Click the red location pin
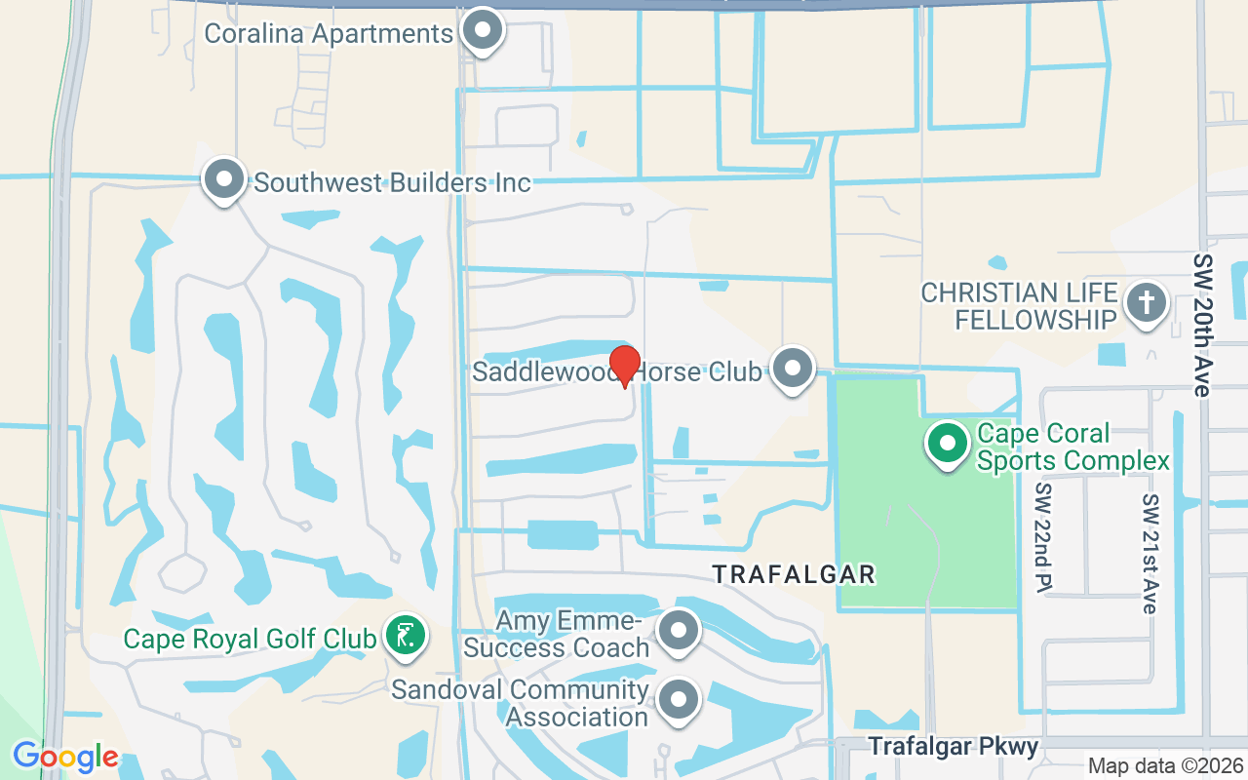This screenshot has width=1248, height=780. click(624, 366)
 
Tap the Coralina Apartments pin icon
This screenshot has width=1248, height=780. click(481, 31)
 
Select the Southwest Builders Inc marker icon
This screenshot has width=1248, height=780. click(225, 180)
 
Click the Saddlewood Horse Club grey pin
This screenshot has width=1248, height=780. click(794, 369)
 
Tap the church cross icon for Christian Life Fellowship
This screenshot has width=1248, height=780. click(1146, 303)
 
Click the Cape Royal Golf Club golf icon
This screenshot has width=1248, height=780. click(405, 636)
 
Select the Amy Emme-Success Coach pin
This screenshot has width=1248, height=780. click(679, 631)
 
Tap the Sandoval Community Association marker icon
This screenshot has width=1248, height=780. click(679, 700)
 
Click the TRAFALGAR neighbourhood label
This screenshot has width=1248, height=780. click(794, 574)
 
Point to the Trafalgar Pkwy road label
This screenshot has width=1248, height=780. click(953, 747)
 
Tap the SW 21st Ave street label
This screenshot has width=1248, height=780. click(1150, 553)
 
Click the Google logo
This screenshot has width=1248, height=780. click(65, 757)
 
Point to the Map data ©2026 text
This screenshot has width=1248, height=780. click(1165, 765)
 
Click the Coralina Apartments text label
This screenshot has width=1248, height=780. click(329, 33)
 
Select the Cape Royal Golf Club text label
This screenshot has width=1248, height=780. click(250, 639)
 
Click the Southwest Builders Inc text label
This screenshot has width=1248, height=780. click(392, 182)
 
